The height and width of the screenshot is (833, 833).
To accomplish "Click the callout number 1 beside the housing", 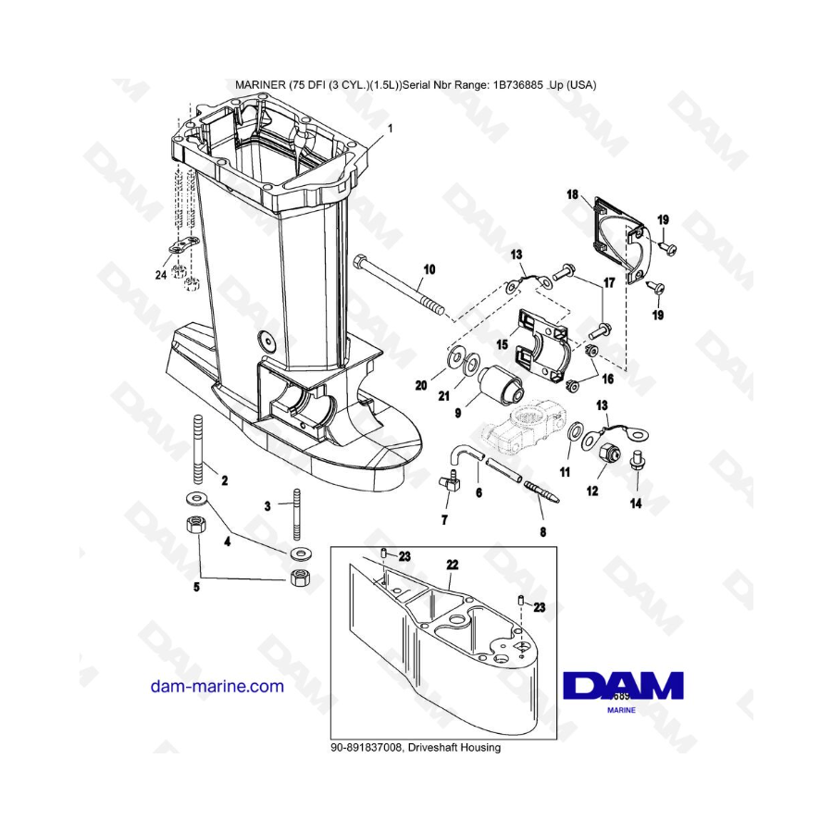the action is (x=391, y=129).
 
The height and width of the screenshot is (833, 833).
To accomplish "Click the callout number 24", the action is (x=161, y=275).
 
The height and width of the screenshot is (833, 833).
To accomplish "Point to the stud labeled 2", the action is (x=199, y=450).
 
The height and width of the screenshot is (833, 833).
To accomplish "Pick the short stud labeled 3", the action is (x=296, y=515).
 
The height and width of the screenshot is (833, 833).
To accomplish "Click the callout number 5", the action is (x=196, y=587).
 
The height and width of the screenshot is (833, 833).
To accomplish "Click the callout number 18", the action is (x=572, y=194).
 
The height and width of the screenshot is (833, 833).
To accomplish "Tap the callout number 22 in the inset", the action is (x=452, y=565).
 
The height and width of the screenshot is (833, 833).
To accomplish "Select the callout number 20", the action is (x=421, y=385).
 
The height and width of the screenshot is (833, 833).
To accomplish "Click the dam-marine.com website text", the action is (x=218, y=686).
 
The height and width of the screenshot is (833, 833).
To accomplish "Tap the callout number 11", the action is (x=565, y=472).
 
